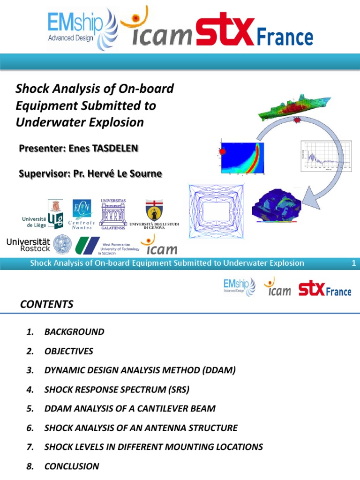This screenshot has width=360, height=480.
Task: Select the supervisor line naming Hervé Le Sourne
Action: click(x=90, y=174)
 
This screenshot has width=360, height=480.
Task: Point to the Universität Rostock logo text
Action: click(x=28, y=245)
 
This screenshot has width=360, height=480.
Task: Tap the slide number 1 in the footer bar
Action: click(x=354, y=263)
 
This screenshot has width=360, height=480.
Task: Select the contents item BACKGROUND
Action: click(x=74, y=332)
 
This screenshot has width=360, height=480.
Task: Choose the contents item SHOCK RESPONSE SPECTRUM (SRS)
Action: click(x=117, y=390)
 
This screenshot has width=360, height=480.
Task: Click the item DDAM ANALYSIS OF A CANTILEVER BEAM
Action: click(x=130, y=408)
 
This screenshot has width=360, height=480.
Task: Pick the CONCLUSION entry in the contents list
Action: click(x=72, y=466)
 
